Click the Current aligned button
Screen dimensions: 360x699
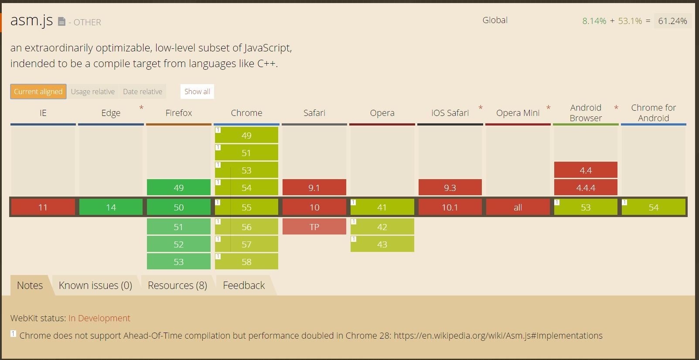(x=38, y=92)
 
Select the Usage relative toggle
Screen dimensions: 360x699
(x=92, y=92)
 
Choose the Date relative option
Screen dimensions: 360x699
(x=143, y=92)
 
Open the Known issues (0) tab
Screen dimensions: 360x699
(x=95, y=285)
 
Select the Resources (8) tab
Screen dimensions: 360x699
(x=177, y=285)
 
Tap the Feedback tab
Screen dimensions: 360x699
(x=244, y=285)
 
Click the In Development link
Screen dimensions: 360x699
(x=99, y=318)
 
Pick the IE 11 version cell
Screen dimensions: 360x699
(x=43, y=207)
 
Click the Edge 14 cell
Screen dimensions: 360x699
(x=111, y=207)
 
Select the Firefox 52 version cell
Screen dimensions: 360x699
(x=179, y=244)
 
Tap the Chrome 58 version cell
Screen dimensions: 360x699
(x=246, y=262)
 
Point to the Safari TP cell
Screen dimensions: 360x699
(x=314, y=227)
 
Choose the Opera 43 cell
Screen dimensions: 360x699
(x=382, y=244)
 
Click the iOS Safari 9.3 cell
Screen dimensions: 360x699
(x=450, y=187)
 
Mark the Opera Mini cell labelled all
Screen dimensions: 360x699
(x=518, y=207)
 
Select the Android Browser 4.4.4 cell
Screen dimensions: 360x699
(x=586, y=187)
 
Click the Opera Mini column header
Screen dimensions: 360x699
(x=518, y=113)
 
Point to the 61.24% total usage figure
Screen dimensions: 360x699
(x=672, y=21)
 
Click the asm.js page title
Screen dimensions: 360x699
(x=31, y=20)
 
